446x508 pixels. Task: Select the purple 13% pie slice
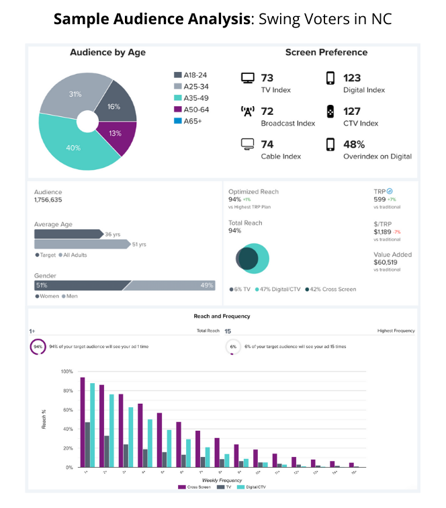[116, 134]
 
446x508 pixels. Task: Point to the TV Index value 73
[267, 78]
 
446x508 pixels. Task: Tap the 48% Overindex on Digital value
[354, 144]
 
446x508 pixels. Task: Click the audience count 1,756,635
[48, 200]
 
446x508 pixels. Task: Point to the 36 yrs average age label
[112, 234]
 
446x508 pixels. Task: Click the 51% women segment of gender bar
[78, 286]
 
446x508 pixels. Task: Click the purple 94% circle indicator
[38, 347]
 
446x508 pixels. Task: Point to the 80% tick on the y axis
[66, 390]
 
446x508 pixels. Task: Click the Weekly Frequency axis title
[222, 480]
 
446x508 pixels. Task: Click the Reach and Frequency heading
[222, 316]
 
